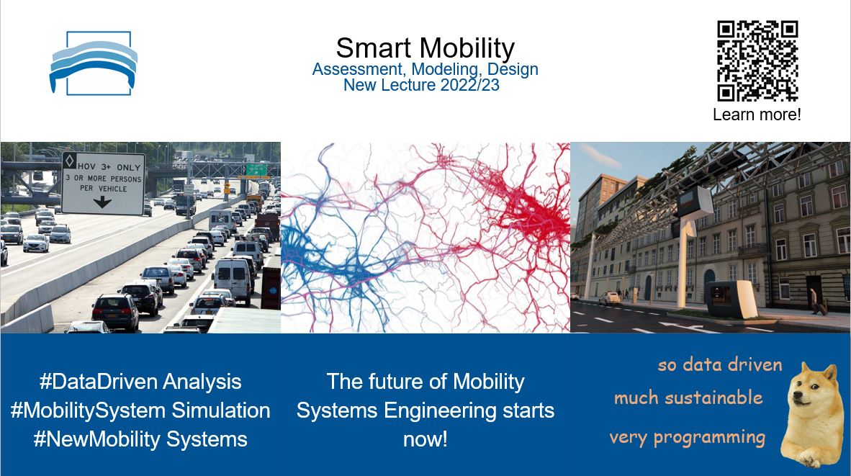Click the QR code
757,61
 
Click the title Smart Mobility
425,48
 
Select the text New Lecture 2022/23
421,85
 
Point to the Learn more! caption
757,114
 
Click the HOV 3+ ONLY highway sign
103,183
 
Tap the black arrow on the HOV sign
102,202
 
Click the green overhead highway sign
256,170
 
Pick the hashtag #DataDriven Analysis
140,381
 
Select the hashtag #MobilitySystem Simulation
140,410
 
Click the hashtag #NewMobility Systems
140,439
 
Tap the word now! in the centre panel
425,439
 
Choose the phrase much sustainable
688,398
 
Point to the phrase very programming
687,437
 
